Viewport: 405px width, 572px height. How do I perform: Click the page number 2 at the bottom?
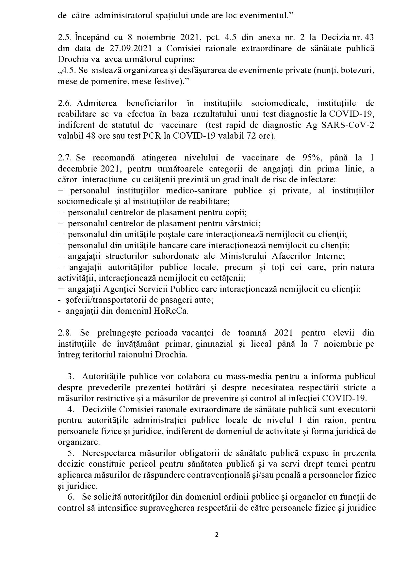click(x=216, y=534)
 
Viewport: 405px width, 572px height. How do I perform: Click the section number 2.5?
click(x=64, y=38)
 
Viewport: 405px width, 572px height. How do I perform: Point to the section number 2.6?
click(x=64, y=103)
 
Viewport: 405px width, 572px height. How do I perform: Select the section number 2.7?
click(x=64, y=158)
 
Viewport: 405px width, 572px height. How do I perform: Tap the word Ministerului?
click(x=243, y=256)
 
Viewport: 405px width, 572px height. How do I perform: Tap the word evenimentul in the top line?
click(x=264, y=16)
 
